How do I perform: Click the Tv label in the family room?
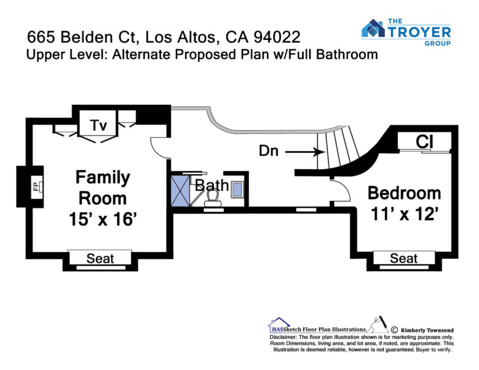point(99,125)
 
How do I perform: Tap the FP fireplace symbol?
point(36,187)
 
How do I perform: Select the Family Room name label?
point(103,188)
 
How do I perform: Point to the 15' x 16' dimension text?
point(103,219)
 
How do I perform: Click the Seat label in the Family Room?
point(100,258)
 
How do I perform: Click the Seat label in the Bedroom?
point(404,258)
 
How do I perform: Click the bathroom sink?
point(237,189)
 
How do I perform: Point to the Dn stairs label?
point(270,151)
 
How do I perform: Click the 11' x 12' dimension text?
point(404,215)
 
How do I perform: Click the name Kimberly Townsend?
point(425,329)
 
